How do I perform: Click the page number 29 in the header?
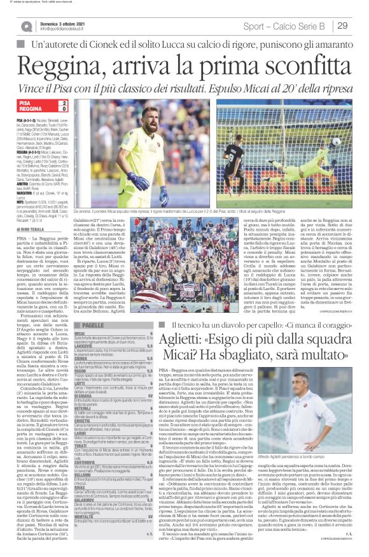[342, 25]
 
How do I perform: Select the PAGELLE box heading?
[92, 325]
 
